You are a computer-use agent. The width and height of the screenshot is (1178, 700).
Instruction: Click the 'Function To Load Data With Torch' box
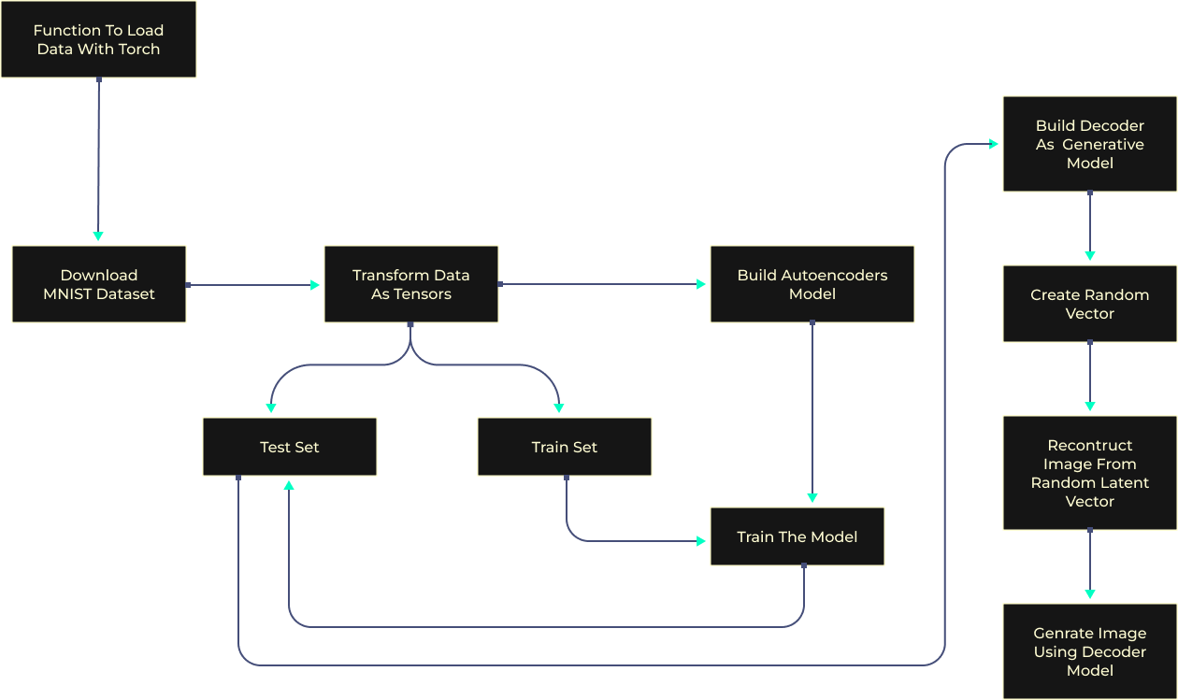pos(98,39)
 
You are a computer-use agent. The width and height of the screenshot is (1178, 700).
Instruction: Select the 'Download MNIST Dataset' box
pos(99,284)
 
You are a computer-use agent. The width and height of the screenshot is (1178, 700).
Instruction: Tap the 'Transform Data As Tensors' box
pos(411,284)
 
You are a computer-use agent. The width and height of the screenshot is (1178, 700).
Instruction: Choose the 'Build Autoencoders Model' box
pos(812,284)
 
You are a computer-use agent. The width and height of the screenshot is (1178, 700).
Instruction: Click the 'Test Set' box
pos(290,447)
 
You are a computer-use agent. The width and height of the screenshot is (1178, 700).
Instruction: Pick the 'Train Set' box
pos(564,447)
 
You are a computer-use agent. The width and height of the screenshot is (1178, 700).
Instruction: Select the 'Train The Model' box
pos(797,536)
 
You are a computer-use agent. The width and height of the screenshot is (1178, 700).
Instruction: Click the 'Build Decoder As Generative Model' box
pos(1089,144)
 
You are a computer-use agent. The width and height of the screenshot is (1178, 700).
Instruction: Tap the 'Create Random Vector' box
pos(1089,304)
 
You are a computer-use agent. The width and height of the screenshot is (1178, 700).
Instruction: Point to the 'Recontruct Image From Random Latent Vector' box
pos(1089,473)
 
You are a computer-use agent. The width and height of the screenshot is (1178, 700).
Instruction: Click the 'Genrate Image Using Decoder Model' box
pos(1089,651)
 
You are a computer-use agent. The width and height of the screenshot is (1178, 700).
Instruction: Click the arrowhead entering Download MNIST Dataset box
pos(98,236)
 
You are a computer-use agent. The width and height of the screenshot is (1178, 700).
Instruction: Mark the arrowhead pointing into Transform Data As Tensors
pos(315,284)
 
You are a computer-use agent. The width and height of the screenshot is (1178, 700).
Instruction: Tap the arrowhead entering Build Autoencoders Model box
pos(701,284)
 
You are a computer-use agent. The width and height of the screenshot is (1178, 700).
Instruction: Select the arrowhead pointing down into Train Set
pos(559,408)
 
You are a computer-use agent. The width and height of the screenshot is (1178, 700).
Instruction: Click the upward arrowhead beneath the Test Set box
pos(289,485)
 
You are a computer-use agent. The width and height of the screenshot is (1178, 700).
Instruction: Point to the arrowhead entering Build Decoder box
pos(994,144)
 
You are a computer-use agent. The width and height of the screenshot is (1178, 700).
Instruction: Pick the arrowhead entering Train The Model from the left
pos(701,540)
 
